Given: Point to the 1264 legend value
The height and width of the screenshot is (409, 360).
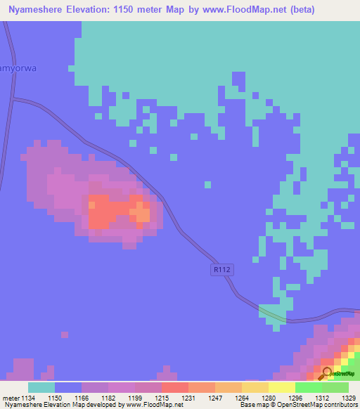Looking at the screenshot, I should (242, 398).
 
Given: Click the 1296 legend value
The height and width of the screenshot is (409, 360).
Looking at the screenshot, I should (295, 398).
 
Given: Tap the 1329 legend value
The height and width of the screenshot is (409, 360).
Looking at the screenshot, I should (348, 398).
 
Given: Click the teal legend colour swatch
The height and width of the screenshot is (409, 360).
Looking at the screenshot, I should (41, 387).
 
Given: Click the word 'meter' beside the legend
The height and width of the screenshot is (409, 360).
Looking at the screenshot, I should (10, 398).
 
